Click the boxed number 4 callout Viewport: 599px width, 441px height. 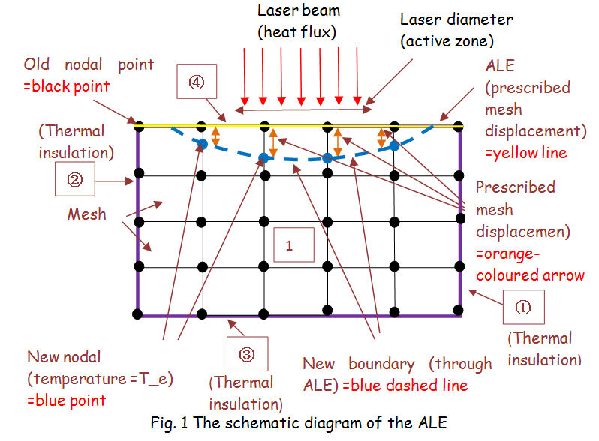pyautogui.click(x=194, y=82)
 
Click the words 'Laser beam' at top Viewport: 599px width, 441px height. pyautogui.click(x=298, y=11)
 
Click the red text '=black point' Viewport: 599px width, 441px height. pyautogui.click(x=67, y=86)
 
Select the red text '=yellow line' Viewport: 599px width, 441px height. pyautogui.click(x=534, y=152)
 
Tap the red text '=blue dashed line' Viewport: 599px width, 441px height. pyautogui.click(x=405, y=385)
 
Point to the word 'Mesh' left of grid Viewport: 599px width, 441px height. pyautogui.click(x=86, y=214)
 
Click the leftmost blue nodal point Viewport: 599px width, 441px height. pyautogui.click(x=202, y=143)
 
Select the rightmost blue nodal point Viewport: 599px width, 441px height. pyautogui.click(x=393, y=146)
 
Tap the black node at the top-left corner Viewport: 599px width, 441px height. pyautogui.click(x=138, y=125)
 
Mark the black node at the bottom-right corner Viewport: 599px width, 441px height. pyautogui.click(x=459, y=310)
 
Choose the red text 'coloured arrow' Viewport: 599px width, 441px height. pyautogui.click(x=531, y=275)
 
